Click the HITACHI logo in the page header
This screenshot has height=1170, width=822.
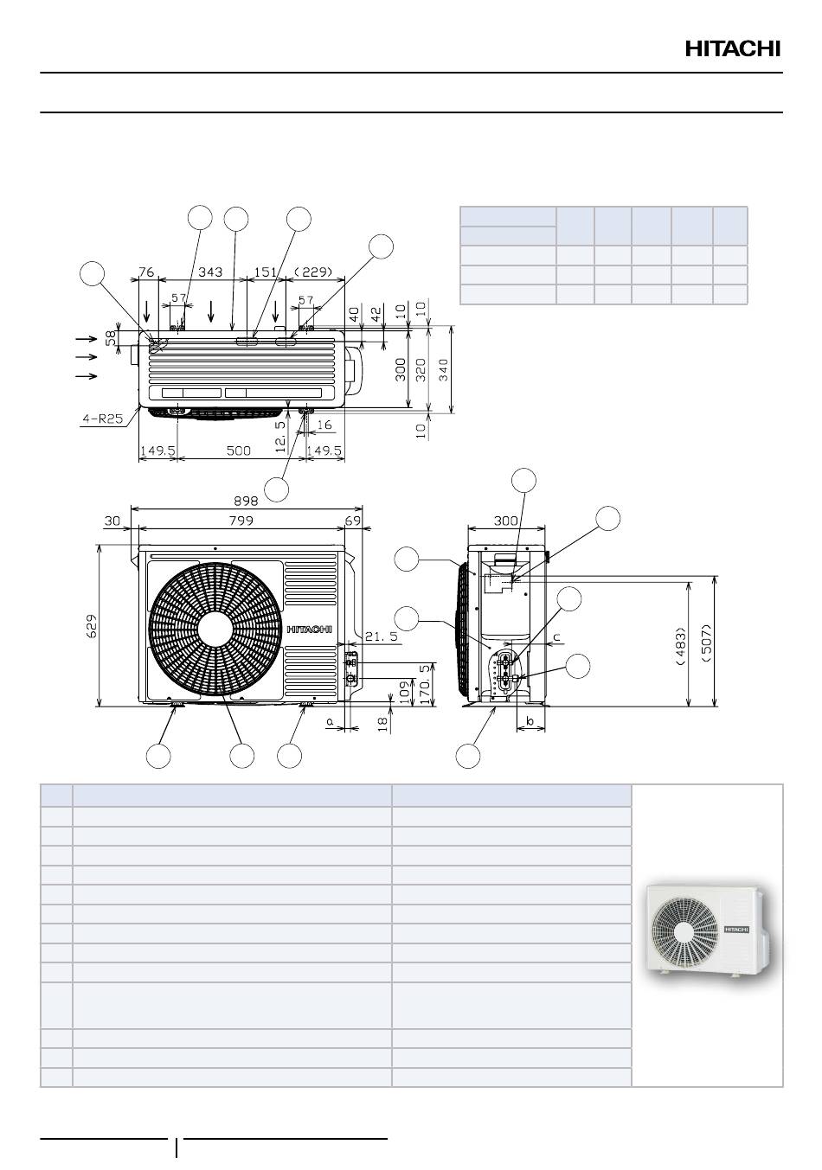click(x=733, y=49)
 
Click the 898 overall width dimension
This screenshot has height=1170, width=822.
click(x=246, y=501)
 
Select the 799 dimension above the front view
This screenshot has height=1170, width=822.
click(x=241, y=521)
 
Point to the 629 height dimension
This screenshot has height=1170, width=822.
click(x=91, y=625)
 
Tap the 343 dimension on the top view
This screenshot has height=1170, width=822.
click(x=210, y=272)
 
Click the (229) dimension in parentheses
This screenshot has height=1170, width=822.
click(x=313, y=272)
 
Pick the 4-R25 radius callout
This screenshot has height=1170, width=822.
click(x=102, y=419)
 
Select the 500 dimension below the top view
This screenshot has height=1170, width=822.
click(x=238, y=451)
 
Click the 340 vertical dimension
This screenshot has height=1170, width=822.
click(x=443, y=370)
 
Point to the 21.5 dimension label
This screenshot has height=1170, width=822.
click(x=381, y=636)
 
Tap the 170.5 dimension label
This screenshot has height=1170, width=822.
click(x=427, y=683)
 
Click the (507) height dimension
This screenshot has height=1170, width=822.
click(x=707, y=643)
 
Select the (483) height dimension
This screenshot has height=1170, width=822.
click(x=680, y=646)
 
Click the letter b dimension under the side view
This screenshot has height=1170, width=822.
click(x=530, y=721)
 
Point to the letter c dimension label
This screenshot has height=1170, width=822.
click(x=556, y=636)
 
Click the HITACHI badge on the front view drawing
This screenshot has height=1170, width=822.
click(x=310, y=630)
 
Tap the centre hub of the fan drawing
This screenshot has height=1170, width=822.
click(x=215, y=630)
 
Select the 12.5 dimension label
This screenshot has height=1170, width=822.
click(x=280, y=436)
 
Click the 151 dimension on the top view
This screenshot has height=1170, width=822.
click(x=266, y=272)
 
